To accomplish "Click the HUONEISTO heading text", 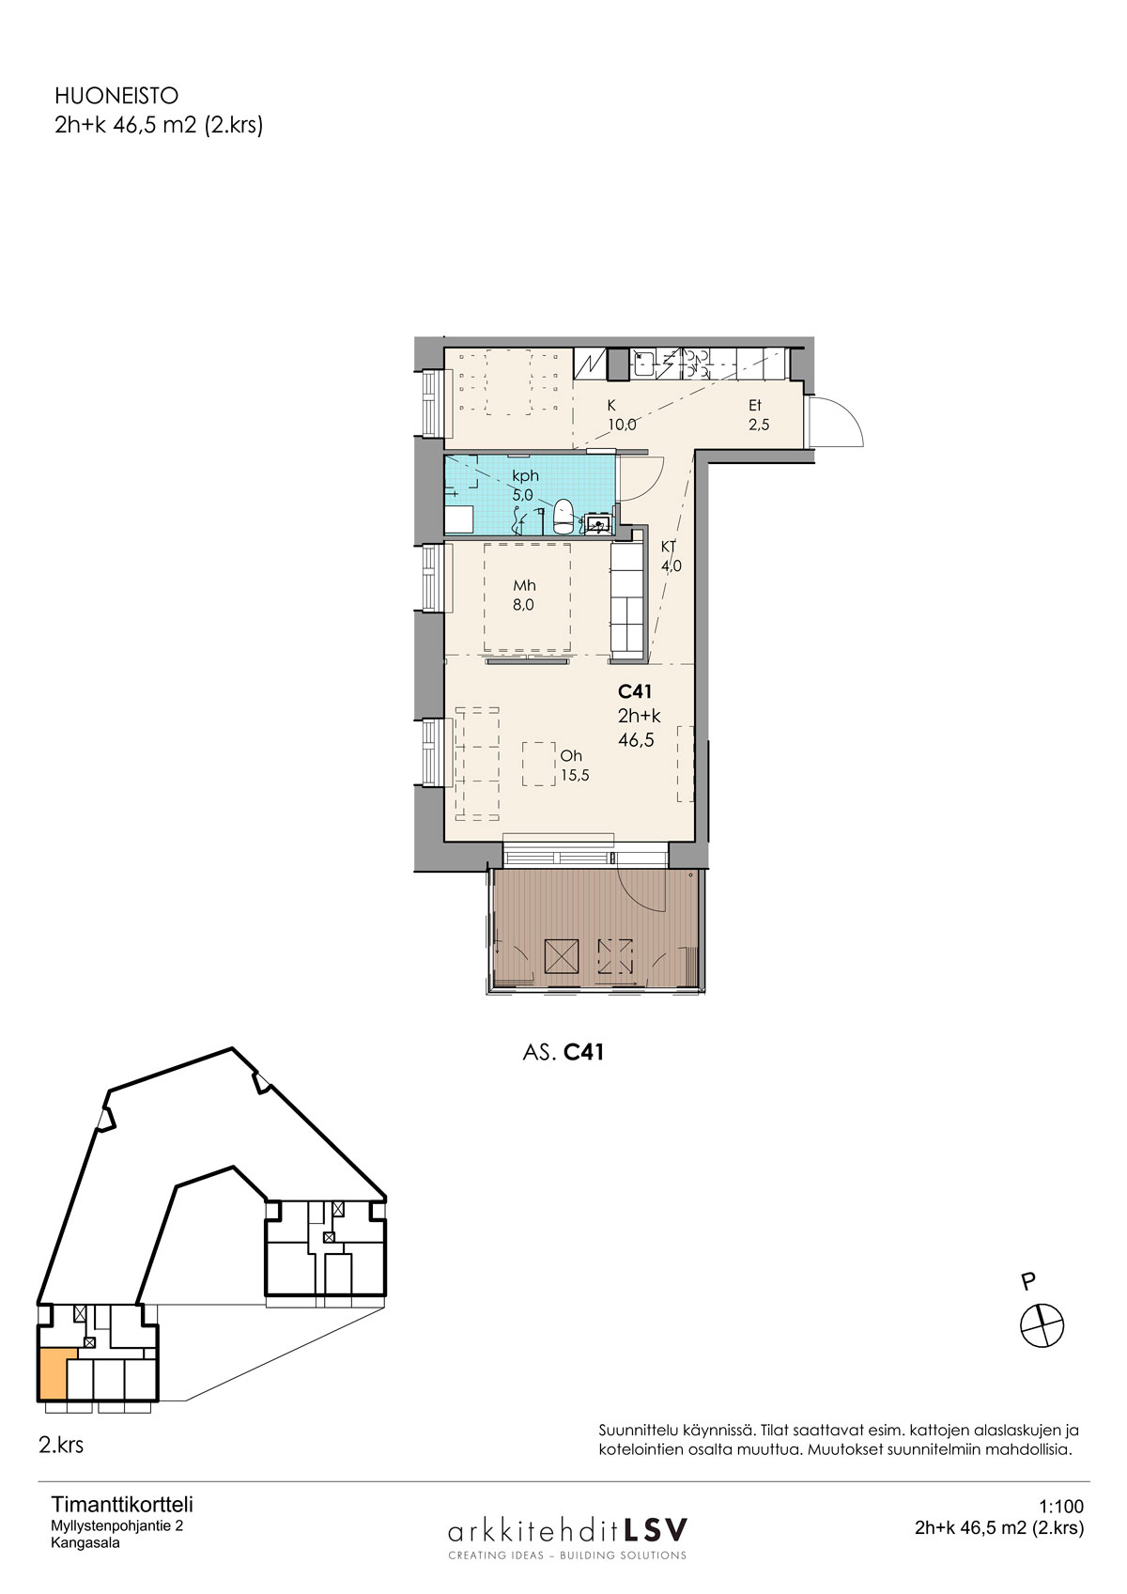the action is point(116,96).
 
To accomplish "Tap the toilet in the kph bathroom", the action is point(563,516).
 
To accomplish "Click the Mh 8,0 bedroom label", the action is point(524,596).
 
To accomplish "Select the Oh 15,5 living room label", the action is point(575,766).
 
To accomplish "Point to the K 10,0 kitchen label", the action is point(621,415).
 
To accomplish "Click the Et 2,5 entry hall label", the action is point(759,415).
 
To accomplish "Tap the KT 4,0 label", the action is point(671,556).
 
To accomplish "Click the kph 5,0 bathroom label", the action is point(525,486).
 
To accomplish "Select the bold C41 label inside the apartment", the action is point(635,691).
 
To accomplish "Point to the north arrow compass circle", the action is point(1042,1325).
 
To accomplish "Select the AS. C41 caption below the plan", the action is point(563,1052).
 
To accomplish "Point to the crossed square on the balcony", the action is point(562,955).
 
